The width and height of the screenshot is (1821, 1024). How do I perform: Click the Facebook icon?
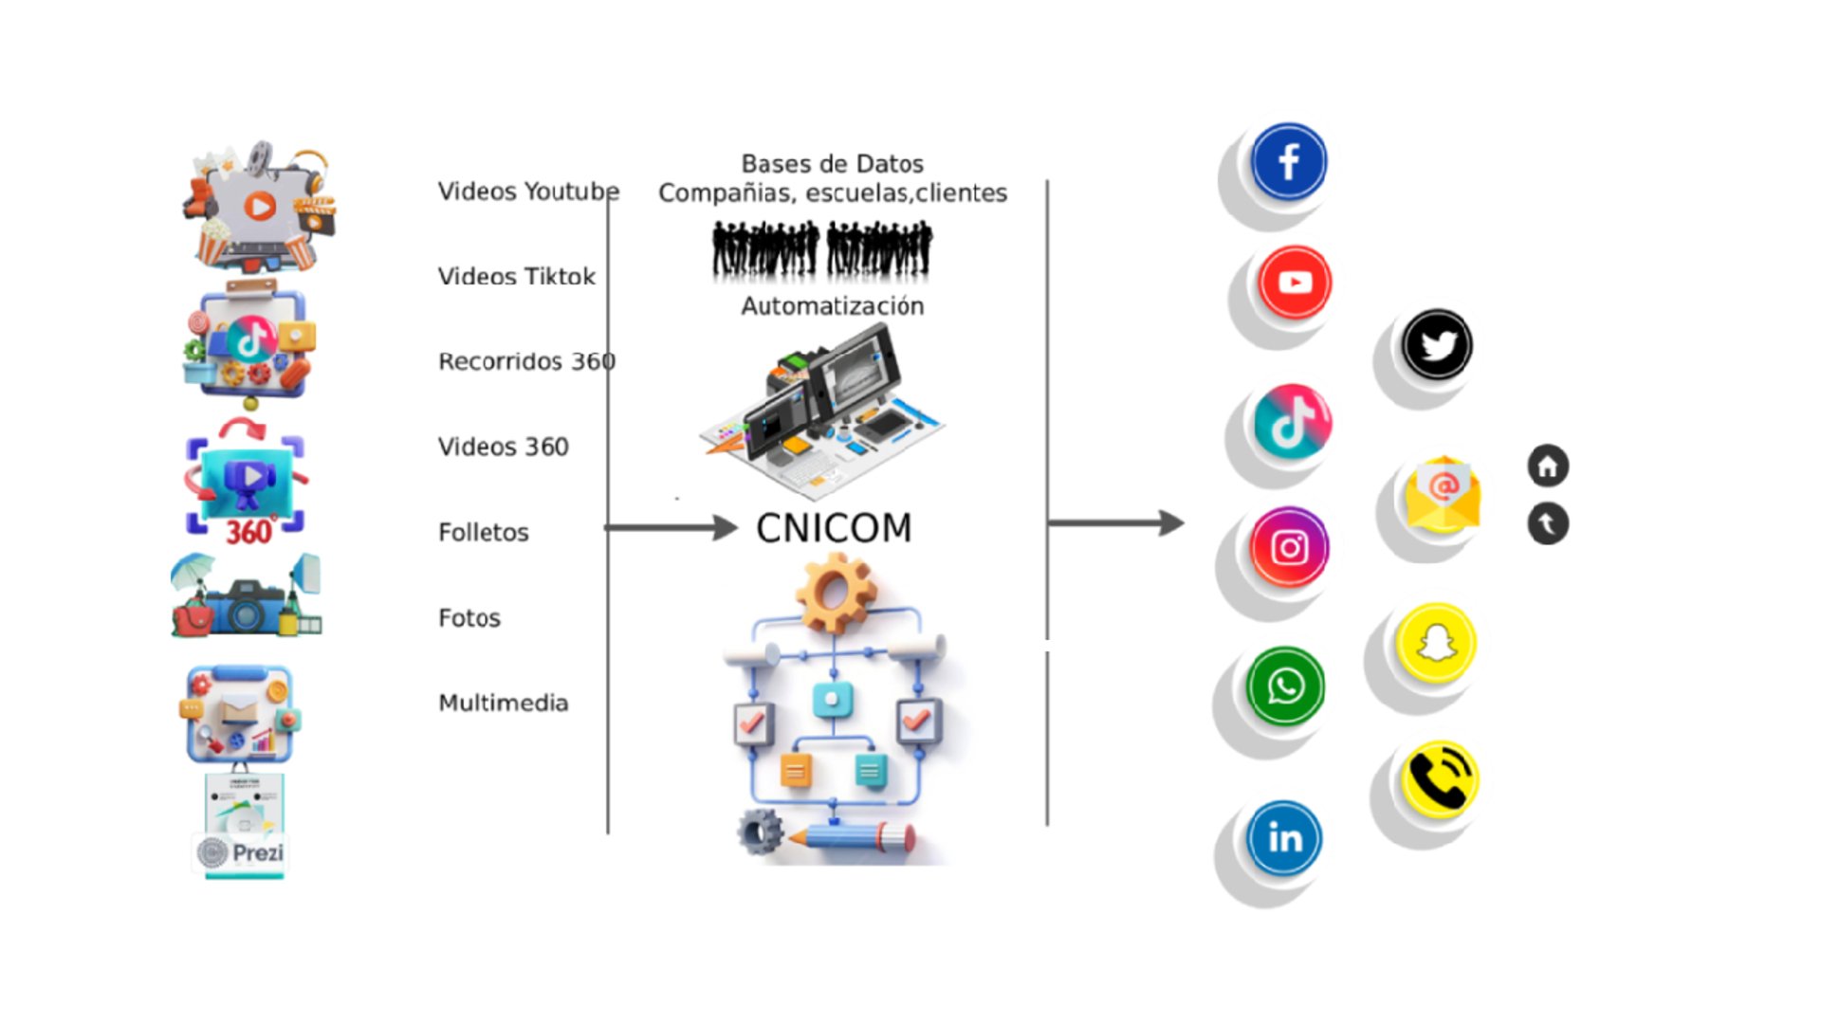(x=1288, y=162)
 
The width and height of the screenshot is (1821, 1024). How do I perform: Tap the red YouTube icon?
(x=1295, y=283)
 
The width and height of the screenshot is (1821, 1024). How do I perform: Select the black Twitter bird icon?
(x=1437, y=345)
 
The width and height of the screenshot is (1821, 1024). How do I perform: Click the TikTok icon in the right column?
(x=1292, y=421)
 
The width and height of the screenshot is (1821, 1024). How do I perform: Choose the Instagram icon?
(x=1289, y=547)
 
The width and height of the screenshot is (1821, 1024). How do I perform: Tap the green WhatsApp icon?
(x=1285, y=686)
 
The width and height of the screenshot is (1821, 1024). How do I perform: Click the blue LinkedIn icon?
(x=1284, y=838)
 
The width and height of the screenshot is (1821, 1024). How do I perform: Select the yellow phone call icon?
(x=1439, y=779)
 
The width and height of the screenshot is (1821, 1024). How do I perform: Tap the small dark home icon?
(x=1548, y=466)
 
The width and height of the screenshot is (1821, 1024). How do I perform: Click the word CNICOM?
(x=834, y=528)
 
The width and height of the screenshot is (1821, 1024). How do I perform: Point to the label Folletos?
(x=484, y=533)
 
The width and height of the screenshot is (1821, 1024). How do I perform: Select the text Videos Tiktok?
(x=516, y=277)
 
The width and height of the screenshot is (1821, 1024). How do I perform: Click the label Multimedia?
(x=504, y=704)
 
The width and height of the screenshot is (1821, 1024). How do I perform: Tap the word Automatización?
(x=832, y=306)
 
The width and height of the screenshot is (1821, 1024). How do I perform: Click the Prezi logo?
(x=242, y=852)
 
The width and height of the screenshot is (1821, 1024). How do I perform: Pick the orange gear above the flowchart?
(x=835, y=594)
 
